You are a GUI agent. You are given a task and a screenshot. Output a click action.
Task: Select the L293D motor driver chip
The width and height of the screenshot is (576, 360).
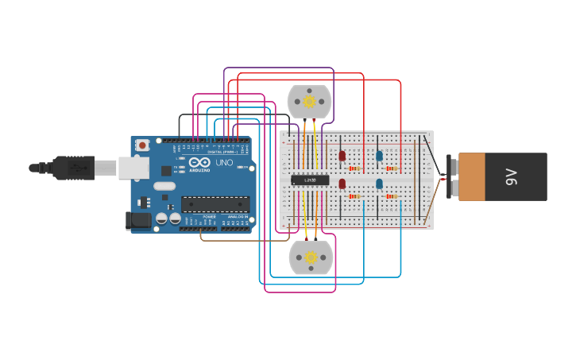pyautogui.click(x=310, y=180)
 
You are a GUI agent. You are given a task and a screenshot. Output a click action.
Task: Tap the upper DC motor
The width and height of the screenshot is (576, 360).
pyautogui.click(x=309, y=102)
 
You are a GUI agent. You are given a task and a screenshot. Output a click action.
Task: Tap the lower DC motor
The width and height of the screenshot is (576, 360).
pyautogui.click(x=311, y=257)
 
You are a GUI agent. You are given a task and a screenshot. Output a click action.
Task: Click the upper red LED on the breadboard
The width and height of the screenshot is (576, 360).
pyautogui.click(x=342, y=156)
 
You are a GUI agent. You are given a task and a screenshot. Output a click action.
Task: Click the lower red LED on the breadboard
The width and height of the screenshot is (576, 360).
pyautogui.click(x=342, y=184)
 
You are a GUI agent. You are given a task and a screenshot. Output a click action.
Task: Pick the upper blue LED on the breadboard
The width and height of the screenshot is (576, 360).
pyautogui.click(x=379, y=156)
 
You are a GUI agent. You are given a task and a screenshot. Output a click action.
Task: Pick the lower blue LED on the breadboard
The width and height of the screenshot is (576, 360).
pyautogui.click(x=379, y=184)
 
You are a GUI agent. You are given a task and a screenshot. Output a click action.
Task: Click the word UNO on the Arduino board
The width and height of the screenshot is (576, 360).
pyautogui.click(x=224, y=163)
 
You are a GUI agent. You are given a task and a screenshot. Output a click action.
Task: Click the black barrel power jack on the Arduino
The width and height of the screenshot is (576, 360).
pyautogui.click(x=138, y=220)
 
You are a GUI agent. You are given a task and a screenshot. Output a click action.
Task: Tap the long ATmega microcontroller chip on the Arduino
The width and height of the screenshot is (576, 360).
pyautogui.click(x=215, y=204)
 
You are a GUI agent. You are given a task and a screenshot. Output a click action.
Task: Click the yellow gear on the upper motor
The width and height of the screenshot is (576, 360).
pyautogui.click(x=309, y=102)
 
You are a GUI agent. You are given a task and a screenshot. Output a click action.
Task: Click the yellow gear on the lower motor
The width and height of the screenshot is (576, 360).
pyautogui.click(x=311, y=257)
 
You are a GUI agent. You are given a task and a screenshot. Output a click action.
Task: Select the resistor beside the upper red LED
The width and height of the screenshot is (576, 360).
pyautogui.click(x=354, y=168)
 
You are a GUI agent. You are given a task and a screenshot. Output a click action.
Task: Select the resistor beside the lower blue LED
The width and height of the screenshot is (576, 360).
pyautogui.click(x=391, y=196)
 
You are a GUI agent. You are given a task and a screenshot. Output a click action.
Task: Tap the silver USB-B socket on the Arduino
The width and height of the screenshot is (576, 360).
pyautogui.click(x=133, y=168)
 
